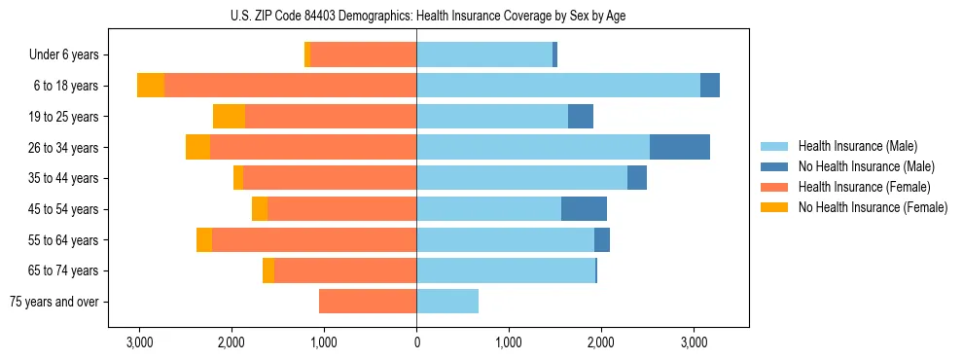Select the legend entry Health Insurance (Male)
point(857,146)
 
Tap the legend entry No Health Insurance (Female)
point(873,207)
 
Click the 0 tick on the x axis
point(416,342)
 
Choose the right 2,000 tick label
point(601,342)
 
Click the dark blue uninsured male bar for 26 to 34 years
point(680,147)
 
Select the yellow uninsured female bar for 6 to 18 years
point(151,86)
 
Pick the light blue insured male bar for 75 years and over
point(447,302)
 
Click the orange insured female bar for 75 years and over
point(368,302)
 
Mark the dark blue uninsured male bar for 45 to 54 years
point(584,209)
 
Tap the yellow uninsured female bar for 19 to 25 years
point(229,117)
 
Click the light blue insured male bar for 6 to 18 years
point(558,86)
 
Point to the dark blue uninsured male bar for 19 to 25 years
point(581,117)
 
